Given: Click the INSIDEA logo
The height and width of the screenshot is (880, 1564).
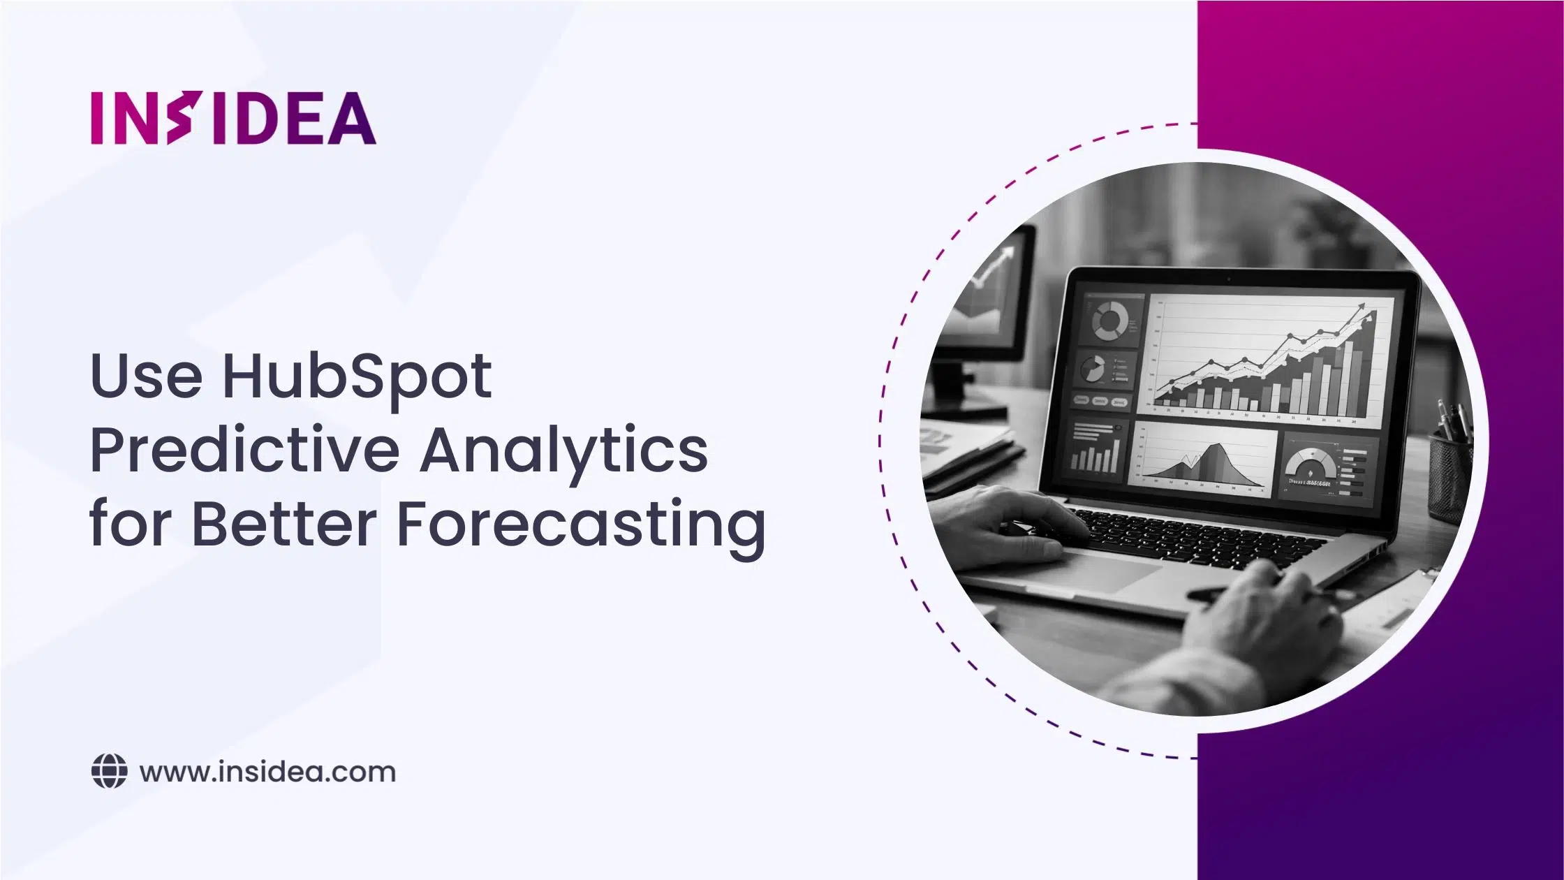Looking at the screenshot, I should tap(233, 118).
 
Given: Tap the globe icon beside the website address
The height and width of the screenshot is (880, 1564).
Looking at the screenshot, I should tap(110, 772).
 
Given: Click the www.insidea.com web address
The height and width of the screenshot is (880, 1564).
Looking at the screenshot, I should tap(267, 772).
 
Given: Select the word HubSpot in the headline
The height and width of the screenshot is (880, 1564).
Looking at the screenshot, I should tap(357, 377).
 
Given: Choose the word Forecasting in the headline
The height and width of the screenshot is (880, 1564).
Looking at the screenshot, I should tap(581, 525).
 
